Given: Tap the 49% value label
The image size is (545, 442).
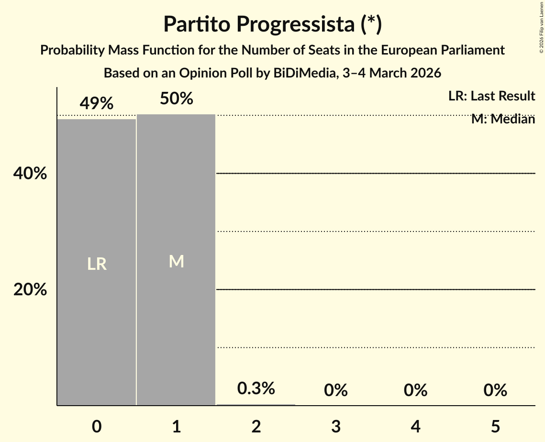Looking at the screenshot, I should pyautogui.click(x=97, y=103).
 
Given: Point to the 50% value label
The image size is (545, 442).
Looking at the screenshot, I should pyautogui.click(x=176, y=99).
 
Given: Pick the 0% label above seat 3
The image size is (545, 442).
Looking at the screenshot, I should pyautogui.click(x=335, y=390).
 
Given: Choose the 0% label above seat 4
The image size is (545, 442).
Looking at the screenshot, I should pyautogui.click(x=415, y=390).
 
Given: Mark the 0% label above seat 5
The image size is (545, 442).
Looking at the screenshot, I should pyautogui.click(x=495, y=390).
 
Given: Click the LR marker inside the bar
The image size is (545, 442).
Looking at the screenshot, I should pyautogui.click(x=97, y=264).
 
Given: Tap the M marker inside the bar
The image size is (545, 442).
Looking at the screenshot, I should pyautogui.click(x=176, y=261).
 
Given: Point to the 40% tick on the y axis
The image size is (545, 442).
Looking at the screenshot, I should pyautogui.click(x=30, y=174).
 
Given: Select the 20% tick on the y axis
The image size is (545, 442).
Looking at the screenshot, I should pyautogui.click(x=30, y=289).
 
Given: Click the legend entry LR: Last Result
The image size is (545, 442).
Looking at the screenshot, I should pyautogui.click(x=491, y=96).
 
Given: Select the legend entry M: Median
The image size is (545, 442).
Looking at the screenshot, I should pyautogui.click(x=503, y=119).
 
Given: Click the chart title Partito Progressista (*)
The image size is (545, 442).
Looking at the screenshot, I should pyautogui.click(x=272, y=24).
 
